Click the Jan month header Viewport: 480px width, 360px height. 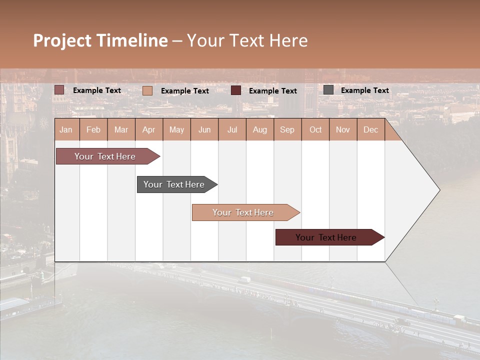[x=66, y=130]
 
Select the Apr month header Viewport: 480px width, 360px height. [x=148, y=130]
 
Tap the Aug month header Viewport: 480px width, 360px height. [x=259, y=130]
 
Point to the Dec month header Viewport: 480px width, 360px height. [x=370, y=130]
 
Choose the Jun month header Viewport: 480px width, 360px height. [x=204, y=130]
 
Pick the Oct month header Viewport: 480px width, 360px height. [x=315, y=130]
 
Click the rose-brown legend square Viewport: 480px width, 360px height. [x=59, y=90]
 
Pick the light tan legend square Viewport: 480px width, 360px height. [x=147, y=90]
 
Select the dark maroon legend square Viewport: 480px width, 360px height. [x=236, y=90]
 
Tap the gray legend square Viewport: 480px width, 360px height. [x=328, y=90]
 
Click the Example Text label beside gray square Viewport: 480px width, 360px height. [x=364, y=90]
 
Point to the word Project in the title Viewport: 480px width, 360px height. [x=62, y=40]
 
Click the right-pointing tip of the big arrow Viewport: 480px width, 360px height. [x=438, y=190]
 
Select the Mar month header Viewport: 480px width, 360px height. [x=121, y=130]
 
